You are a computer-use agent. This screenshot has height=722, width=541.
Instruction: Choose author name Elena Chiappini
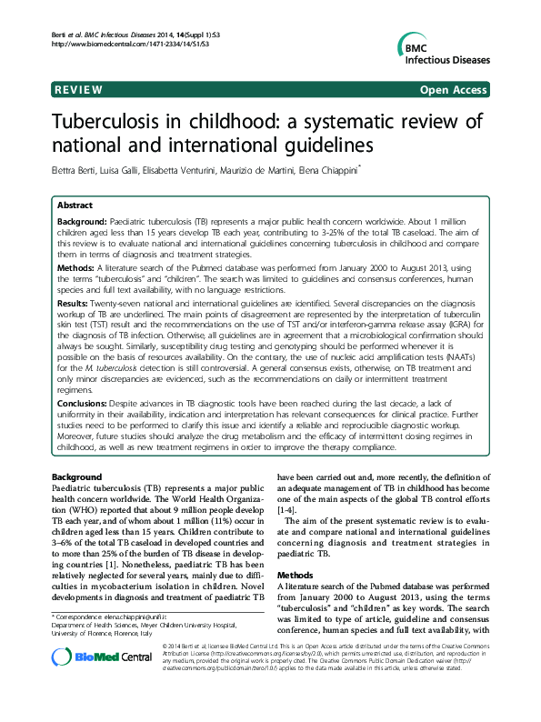pyautogui.click(x=336, y=169)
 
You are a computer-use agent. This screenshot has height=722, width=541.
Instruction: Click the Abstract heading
pyautogui.click(x=74, y=206)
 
